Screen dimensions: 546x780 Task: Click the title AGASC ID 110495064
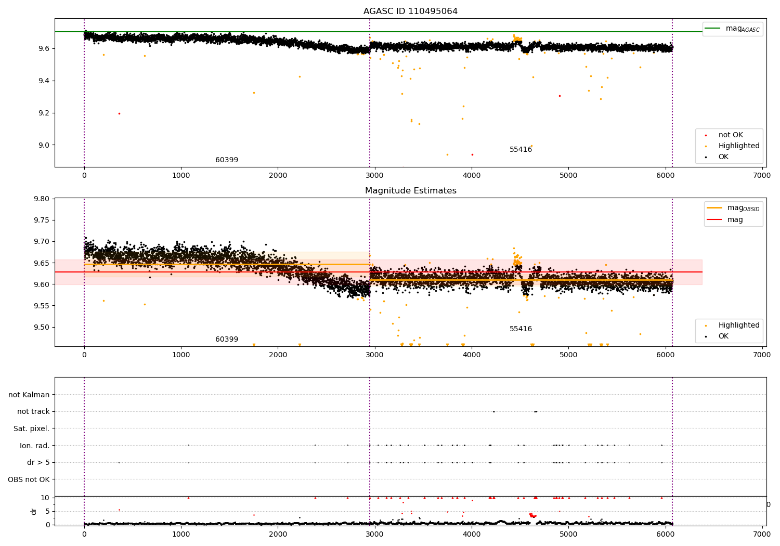tap(410, 11)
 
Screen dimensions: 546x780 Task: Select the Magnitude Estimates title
tap(410, 191)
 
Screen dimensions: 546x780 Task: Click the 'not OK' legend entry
tap(731, 135)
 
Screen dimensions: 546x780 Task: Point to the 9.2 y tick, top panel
tap(43, 113)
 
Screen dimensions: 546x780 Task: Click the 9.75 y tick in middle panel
tap(42, 220)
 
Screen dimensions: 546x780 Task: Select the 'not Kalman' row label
tap(29, 395)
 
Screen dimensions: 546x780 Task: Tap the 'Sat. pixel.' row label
tap(31, 428)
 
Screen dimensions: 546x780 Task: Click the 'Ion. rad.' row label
tap(35, 446)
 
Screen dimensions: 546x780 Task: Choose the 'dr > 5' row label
tap(38, 462)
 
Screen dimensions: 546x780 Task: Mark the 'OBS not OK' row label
tap(29, 479)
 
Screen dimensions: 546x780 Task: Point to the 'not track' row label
tap(33, 412)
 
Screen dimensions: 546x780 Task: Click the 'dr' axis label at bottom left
tap(34, 511)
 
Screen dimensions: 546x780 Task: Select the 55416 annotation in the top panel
tap(521, 150)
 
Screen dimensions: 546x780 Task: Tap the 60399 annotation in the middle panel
tap(227, 340)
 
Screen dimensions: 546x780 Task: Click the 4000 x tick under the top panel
tap(472, 176)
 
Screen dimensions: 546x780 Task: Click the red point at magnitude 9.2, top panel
tap(119, 113)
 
